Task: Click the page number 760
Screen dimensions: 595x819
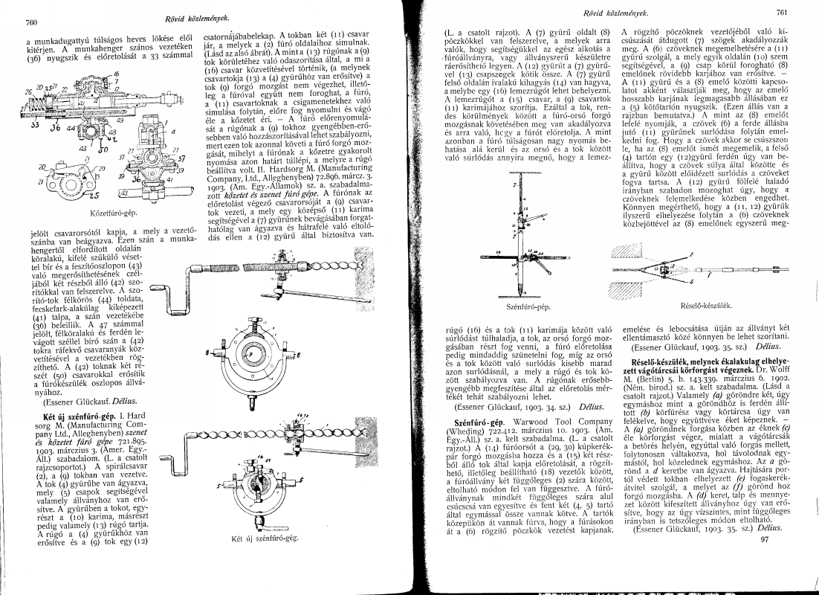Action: click(x=31, y=24)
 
